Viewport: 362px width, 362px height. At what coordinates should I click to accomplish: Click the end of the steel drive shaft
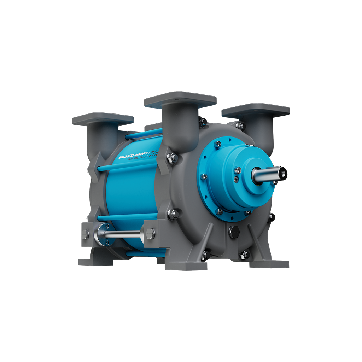282,173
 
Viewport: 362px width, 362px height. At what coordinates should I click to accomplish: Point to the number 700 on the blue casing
154,154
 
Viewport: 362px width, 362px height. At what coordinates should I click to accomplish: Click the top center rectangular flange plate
180,99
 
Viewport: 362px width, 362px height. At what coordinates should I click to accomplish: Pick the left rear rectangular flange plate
102,118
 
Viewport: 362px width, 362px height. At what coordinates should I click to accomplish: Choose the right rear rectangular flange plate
255,110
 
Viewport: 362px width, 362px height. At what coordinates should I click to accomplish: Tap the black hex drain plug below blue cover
234,232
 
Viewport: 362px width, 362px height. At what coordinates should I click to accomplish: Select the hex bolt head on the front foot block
150,233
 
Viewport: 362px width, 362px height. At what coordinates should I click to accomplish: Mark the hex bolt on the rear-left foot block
86,234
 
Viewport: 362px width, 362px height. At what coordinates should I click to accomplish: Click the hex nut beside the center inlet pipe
173,157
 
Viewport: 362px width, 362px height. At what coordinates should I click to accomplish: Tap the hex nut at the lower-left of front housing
174,214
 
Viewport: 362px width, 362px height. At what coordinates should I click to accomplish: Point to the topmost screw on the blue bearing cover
218,144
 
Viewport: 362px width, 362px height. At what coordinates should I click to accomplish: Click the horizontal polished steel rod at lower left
124,234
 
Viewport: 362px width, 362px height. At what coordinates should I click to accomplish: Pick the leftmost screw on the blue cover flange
204,176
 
